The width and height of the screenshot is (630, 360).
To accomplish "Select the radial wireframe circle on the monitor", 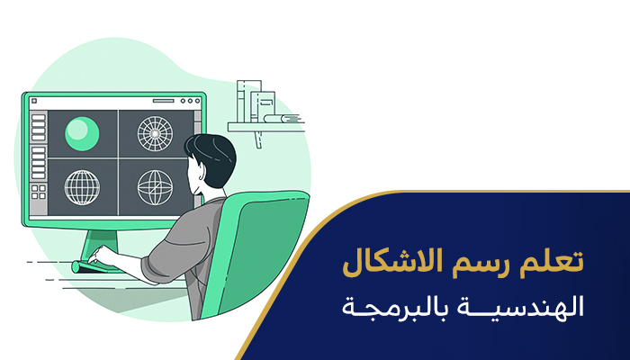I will point(154,132).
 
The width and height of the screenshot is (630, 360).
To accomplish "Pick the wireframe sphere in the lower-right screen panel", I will point(154,186).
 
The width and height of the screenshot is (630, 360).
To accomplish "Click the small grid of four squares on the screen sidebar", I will point(37,192).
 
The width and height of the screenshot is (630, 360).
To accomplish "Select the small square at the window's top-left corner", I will point(35,102).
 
